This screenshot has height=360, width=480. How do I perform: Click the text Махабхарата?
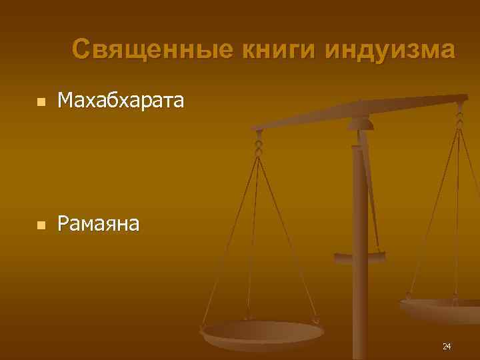pos(121,101)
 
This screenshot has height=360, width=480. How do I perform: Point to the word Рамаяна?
pos(99,224)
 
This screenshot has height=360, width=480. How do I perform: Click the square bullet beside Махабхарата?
pos(41,103)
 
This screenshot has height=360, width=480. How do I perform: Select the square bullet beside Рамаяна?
pos(41,226)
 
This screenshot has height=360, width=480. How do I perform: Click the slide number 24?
pos(446,346)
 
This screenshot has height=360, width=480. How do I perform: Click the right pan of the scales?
pos(440,308)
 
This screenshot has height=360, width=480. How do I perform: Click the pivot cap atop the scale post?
pos(361,123)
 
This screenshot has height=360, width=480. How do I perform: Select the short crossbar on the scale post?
pos(360,255)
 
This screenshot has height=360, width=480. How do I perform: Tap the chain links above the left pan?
pos(259,144)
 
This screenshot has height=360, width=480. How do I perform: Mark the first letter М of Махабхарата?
pos(66,101)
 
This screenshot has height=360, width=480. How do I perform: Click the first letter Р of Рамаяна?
pos(63,224)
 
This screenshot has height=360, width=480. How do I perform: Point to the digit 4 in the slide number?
pos(449,346)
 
